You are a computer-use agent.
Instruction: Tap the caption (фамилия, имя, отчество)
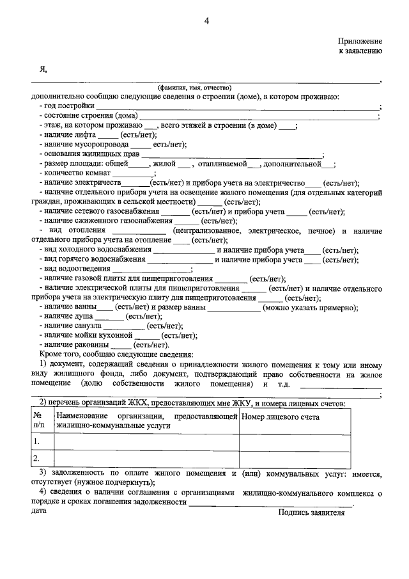coord(195,88)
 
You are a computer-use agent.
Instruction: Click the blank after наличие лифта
coord(108,136)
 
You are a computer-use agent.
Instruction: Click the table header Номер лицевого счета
coord(280,417)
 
